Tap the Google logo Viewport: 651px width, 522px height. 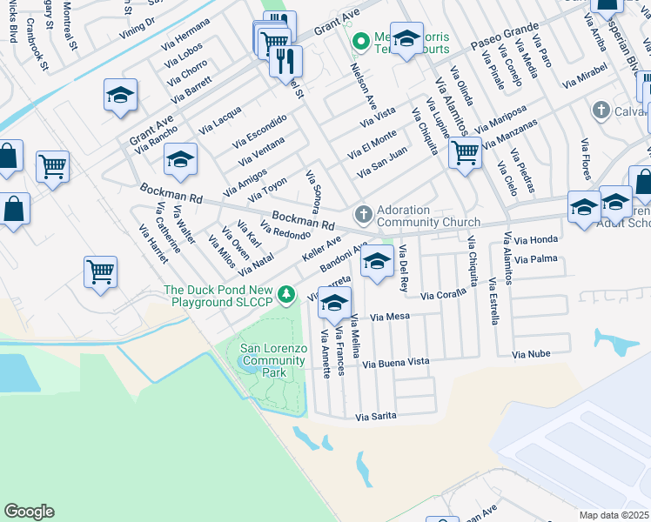point(29,512)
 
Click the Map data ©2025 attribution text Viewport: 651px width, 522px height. point(614,515)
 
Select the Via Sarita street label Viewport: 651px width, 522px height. point(375,417)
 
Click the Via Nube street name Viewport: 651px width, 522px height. point(531,354)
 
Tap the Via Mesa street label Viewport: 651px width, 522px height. point(389,318)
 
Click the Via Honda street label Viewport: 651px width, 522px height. point(535,240)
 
